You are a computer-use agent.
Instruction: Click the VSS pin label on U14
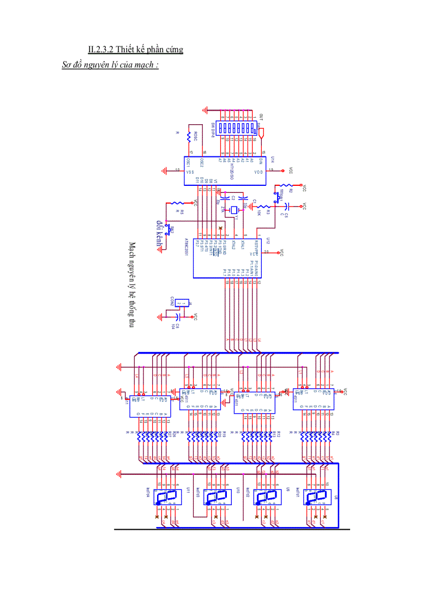click(x=190, y=171)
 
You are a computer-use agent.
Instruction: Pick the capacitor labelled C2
click(x=232, y=199)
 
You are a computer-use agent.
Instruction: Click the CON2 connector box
click(x=184, y=303)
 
